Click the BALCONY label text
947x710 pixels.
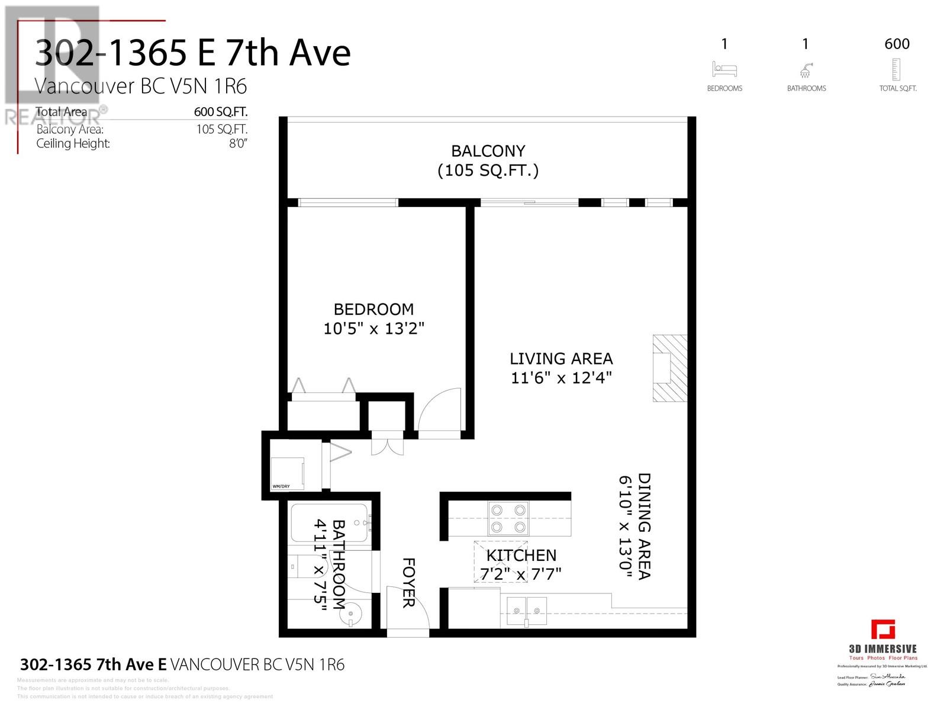(x=488, y=151)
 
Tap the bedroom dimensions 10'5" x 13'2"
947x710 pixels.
(x=373, y=328)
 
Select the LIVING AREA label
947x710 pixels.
(x=561, y=359)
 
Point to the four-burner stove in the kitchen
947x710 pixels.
(x=508, y=518)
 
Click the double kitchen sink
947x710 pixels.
(x=527, y=610)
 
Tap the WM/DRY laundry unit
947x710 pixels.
(x=287, y=473)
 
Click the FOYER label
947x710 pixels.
(x=408, y=583)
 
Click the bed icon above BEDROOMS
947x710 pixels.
(x=724, y=69)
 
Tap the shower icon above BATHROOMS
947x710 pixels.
(x=806, y=70)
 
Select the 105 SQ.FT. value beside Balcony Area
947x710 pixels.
(x=222, y=129)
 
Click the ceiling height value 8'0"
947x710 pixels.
(x=238, y=143)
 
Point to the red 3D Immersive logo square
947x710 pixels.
(x=882, y=629)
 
